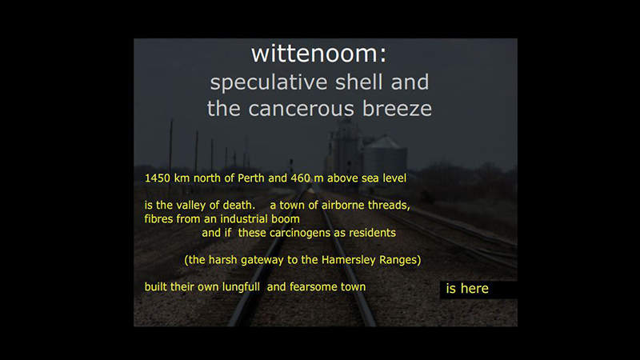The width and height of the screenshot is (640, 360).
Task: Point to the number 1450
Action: [x=158, y=178]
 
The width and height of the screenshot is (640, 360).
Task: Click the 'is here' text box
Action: [x=476, y=289]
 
